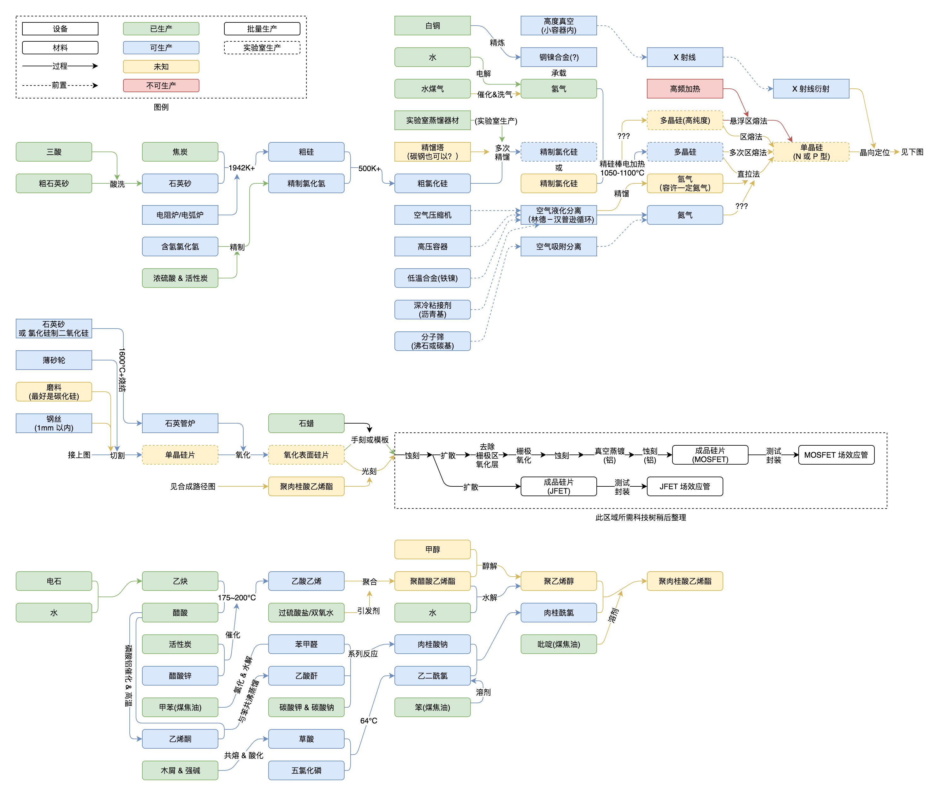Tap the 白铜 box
click(432, 26)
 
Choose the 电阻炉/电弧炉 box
click(180, 215)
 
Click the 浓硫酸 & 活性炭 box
click(180, 278)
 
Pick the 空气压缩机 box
click(432, 215)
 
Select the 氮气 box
click(684, 215)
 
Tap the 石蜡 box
click(306, 423)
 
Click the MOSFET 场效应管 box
click(836, 455)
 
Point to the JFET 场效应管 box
click(684, 486)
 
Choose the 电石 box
click(54, 581)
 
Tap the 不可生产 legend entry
click(161, 85)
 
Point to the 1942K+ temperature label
click(241, 168)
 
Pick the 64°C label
click(369, 721)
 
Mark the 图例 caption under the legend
click(161, 107)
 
